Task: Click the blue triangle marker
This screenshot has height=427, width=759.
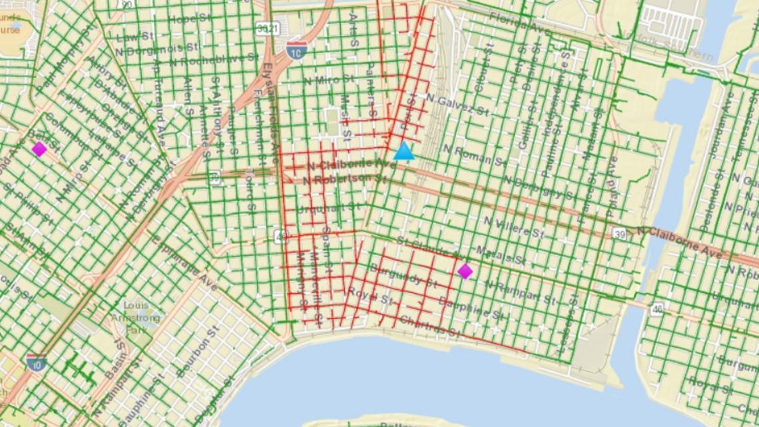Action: point(403,153)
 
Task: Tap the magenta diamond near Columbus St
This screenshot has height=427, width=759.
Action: point(39,149)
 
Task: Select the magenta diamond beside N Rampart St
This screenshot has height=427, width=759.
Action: point(465,271)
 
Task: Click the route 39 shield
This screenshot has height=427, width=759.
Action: point(619,232)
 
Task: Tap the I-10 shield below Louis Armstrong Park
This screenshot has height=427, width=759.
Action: point(37,362)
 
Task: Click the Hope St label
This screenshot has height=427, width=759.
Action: point(189,20)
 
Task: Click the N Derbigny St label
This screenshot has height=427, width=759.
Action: point(539,189)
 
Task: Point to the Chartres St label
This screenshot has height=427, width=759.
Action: point(429,326)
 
